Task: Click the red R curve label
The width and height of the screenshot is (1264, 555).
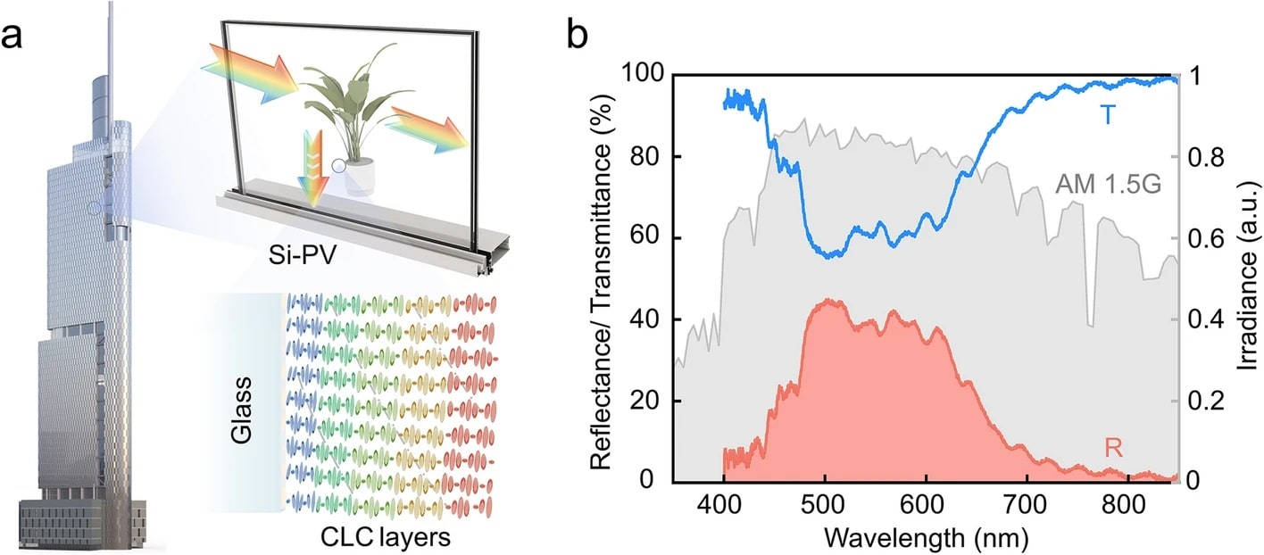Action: pyautogui.click(x=1113, y=448)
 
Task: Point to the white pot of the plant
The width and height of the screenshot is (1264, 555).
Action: pyautogui.click(x=360, y=177)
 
